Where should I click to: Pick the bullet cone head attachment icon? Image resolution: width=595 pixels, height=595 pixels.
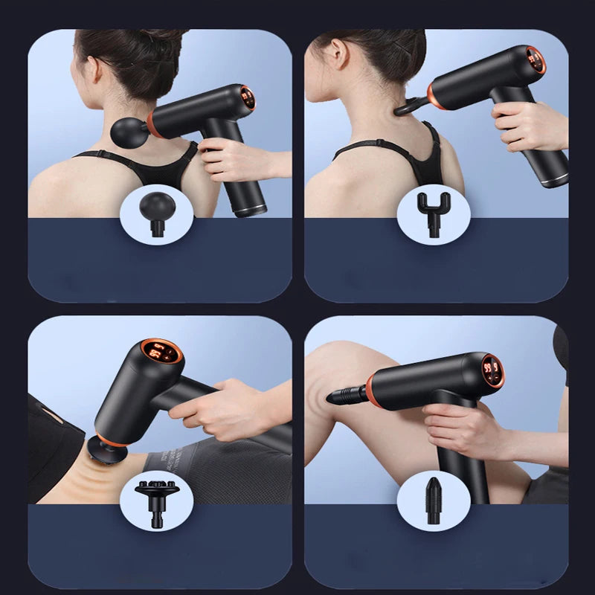coord(432,496)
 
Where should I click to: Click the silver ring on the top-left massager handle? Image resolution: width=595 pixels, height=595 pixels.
coord(249,210)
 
